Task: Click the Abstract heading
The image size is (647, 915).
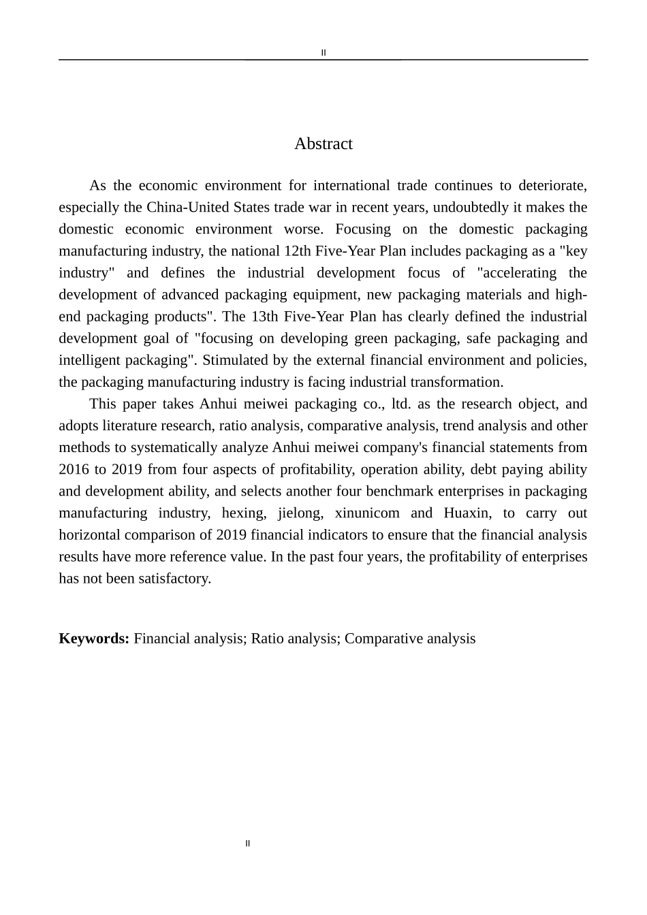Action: (323, 144)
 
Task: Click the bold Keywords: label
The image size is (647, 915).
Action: (94, 639)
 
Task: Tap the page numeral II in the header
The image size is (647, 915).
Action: (323, 52)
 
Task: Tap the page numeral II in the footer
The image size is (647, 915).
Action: (247, 844)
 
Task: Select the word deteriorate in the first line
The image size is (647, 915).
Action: (552, 186)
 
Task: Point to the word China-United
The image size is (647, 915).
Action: (189, 208)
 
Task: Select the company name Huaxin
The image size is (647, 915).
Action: (466, 513)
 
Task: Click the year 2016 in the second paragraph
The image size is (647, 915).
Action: (74, 470)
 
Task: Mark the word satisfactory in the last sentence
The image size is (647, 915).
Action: (176, 579)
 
